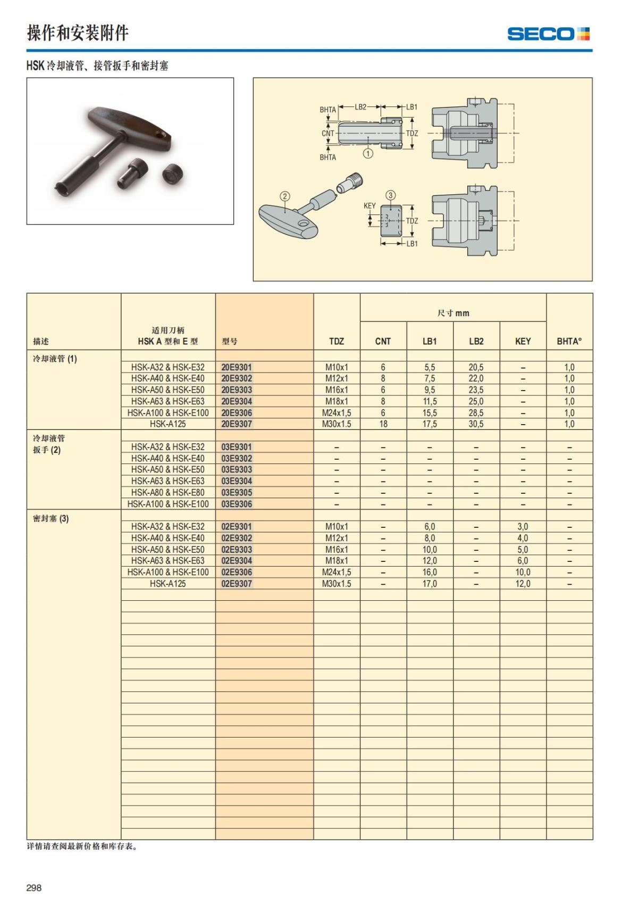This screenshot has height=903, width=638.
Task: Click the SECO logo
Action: tap(548, 34)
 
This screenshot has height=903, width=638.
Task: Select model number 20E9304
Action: tap(237, 401)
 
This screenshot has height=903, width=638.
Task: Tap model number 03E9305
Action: tap(237, 492)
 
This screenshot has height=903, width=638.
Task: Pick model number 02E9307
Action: tap(237, 584)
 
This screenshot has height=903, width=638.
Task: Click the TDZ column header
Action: tap(336, 341)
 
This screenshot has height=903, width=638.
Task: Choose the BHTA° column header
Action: tap(569, 341)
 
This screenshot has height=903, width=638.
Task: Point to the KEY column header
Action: tap(523, 341)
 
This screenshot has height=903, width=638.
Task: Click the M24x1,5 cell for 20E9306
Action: tap(336, 413)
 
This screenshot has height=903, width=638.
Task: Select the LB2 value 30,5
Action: tap(476, 424)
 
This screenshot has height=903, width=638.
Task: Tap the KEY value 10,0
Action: tap(523, 572)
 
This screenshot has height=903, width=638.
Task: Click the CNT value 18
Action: tap(383, 424)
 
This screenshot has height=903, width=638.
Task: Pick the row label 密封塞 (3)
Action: tap(51, 518)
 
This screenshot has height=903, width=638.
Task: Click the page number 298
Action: tap(34, 888)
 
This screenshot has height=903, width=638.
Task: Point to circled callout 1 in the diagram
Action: tap(368, 153)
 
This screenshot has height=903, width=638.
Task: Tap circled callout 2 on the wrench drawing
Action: tap(285, 196)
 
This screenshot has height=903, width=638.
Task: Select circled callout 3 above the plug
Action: tap(391, 195)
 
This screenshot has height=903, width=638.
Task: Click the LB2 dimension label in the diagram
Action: tap(360, 106)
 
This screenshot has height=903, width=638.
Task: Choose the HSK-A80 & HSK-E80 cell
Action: tap(167, 492)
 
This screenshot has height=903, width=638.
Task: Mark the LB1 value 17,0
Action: tap(430, 584)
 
